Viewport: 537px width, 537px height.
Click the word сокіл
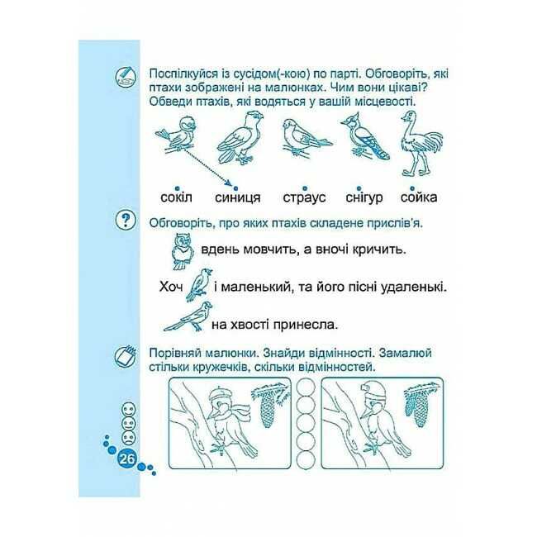point(176,197)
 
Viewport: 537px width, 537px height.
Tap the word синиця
point(238,197)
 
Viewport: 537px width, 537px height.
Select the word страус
point(304,198)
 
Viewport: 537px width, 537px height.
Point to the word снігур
point(364,197)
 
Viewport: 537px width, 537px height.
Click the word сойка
point(419,197)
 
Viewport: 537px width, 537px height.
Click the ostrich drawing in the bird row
point(421,143)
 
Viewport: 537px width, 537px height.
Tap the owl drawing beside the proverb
point(182,251)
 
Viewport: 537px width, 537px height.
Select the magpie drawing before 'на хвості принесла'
point(188,316)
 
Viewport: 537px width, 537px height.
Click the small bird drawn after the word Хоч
point(198,284)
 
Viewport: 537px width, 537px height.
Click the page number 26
point(126,459)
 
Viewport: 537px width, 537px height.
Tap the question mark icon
point(126,221)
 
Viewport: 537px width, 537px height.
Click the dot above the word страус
point(305,188)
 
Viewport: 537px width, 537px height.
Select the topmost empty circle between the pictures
point(306,387)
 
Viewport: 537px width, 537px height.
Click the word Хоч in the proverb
point(171,287)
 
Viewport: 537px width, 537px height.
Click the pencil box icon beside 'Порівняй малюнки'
point(126,357)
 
